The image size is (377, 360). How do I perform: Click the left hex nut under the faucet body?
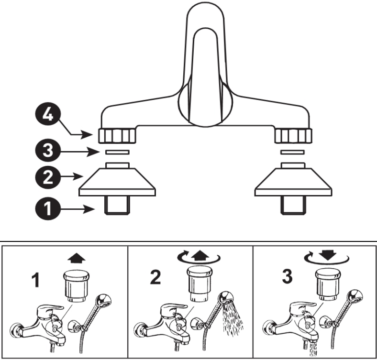[117, 136]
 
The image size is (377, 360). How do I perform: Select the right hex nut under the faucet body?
[293, 136]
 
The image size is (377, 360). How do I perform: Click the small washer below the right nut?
[293, 152]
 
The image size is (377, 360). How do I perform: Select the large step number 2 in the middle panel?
[155, 277]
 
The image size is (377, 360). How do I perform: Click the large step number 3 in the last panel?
[286, 277]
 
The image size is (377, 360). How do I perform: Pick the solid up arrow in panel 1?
[77, 258]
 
